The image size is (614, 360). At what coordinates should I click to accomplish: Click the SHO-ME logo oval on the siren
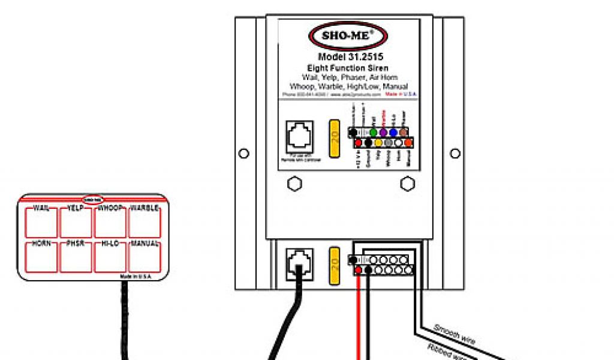pyautogui.click(x=349, y=35)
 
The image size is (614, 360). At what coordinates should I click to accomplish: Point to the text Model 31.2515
pyautogui.click(x=348, y=57)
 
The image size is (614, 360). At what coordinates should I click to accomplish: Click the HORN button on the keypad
pyautogui.click(x=41, y=257)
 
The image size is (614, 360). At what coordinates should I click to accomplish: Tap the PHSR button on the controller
pyautogui.click(x=76, y=257)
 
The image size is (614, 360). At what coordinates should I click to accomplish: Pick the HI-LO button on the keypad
pyautogui.click(x=110, y=257)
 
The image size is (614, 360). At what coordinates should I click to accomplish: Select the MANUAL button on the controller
pyautogui.click(x=145, y=257)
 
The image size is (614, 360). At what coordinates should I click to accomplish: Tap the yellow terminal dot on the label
pyautogui.click(x=378, y=143)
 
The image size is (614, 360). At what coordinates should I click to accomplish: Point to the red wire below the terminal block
pyautogui.click(x=359, y=318)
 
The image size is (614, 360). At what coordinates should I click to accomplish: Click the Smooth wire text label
pyautogui.click(x=454, y=335)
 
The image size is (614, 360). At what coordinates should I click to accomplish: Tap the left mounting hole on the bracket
pyautogui.click(x=243, y=154)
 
